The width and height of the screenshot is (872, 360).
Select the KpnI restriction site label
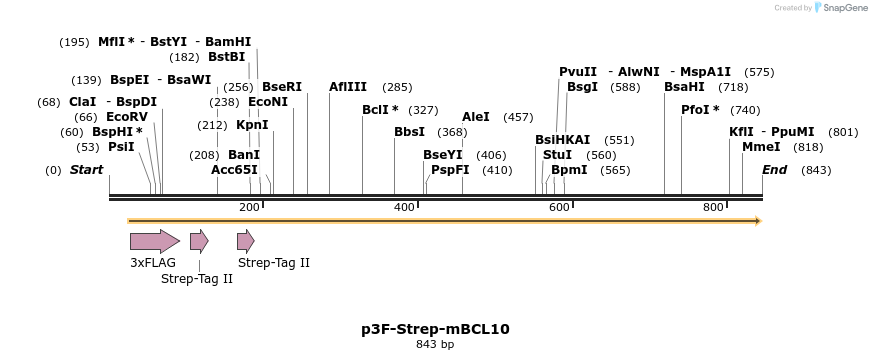[252, 125]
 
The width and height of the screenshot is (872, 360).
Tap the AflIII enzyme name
[348, 87]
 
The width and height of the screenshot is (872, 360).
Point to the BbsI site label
[409, 132]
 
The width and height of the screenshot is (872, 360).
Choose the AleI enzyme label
[476, 117]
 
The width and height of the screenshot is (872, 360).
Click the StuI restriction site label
[558, 155]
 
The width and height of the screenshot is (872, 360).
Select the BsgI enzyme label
[582, 87]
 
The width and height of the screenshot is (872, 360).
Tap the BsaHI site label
[684, 87]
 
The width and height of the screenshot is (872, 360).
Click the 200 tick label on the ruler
[249, 207]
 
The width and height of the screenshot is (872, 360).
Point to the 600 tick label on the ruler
[559, 207]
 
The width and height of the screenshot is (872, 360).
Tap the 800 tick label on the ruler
[713, 207]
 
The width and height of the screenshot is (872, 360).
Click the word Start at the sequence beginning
[86, 170]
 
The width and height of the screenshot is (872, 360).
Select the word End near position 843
[775, 170]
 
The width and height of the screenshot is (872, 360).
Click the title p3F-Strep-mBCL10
[435, 329]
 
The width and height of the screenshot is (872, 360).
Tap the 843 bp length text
[435, 345]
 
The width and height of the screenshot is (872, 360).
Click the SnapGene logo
[841, 8]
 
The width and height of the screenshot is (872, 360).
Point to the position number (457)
[518, 117]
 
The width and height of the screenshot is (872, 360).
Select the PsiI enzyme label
[121, 147]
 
